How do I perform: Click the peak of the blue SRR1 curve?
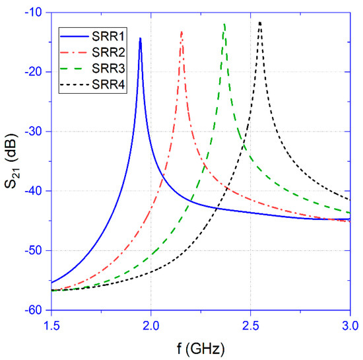tap(140, 38)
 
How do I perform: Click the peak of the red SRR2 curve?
tap(181, 31)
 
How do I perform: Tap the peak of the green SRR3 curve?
tap(225, 24)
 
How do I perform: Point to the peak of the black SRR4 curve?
tap(260, 22)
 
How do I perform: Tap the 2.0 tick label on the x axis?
tap(151, 325)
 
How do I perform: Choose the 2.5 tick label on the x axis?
tap(250, 325)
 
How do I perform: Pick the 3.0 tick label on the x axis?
tap(349, 325)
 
